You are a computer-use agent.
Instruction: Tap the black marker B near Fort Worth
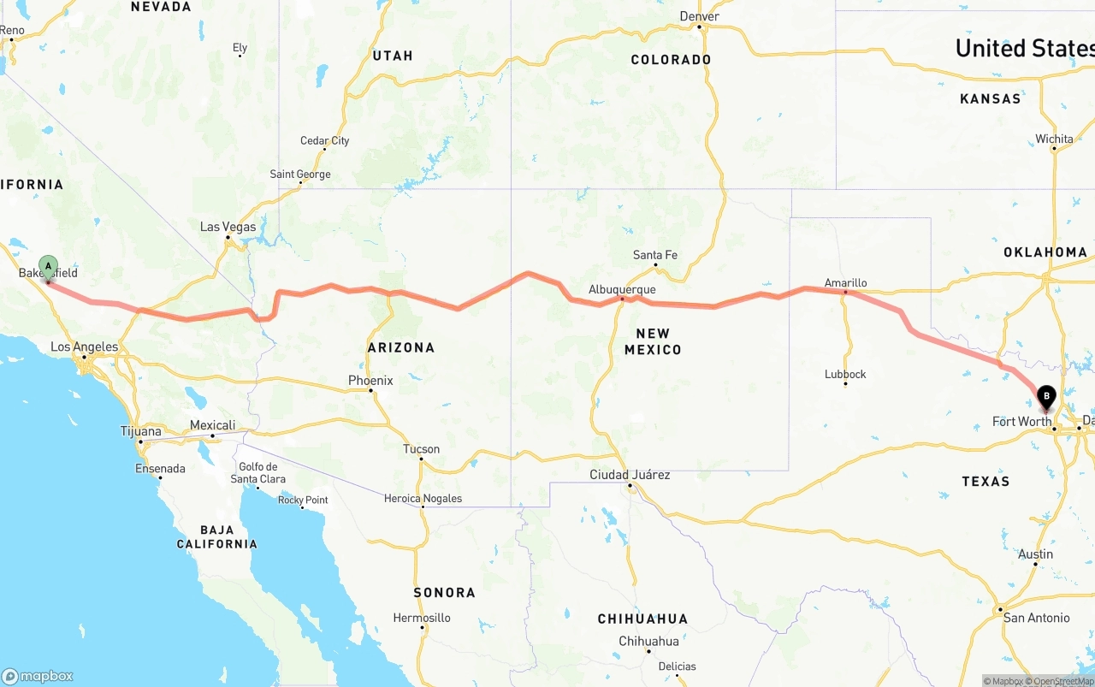tap(1046, 397)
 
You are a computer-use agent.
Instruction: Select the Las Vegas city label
tap(228, 227)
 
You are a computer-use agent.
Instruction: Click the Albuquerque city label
tap(622, 290)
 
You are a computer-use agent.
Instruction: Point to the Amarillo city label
tap(845, 282)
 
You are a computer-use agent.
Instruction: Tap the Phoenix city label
tap(370, 381)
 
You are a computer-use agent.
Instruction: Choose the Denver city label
tap(699, 16)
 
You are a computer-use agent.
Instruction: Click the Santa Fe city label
tap(655, 255)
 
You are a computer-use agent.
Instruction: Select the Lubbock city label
tap(845, 374)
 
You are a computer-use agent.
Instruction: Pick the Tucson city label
tap(421, 449)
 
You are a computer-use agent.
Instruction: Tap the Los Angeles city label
tap(84, 347)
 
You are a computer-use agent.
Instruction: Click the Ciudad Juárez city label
tap(630, 475)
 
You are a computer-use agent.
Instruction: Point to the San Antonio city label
tap(1036, 618)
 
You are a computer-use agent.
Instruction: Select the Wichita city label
tap(1054, 139)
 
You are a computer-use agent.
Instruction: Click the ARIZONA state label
tap(401, 347)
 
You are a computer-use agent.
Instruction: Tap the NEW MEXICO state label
tap(653, 341)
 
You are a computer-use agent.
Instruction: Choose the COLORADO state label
tap(671, 60)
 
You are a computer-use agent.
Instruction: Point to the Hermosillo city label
tap(422, 618)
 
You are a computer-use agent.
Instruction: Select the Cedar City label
tap(324, 141)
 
